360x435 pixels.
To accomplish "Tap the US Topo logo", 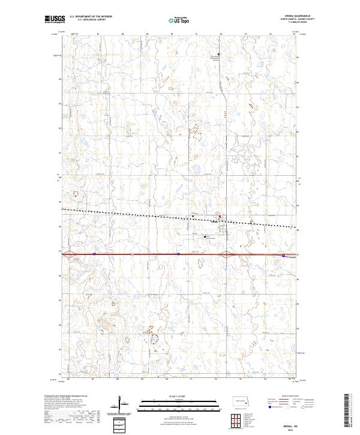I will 180,20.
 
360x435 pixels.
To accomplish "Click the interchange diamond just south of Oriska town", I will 226,254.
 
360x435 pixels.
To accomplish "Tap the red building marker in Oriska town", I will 220,217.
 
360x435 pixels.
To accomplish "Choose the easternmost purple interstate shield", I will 283,255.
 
